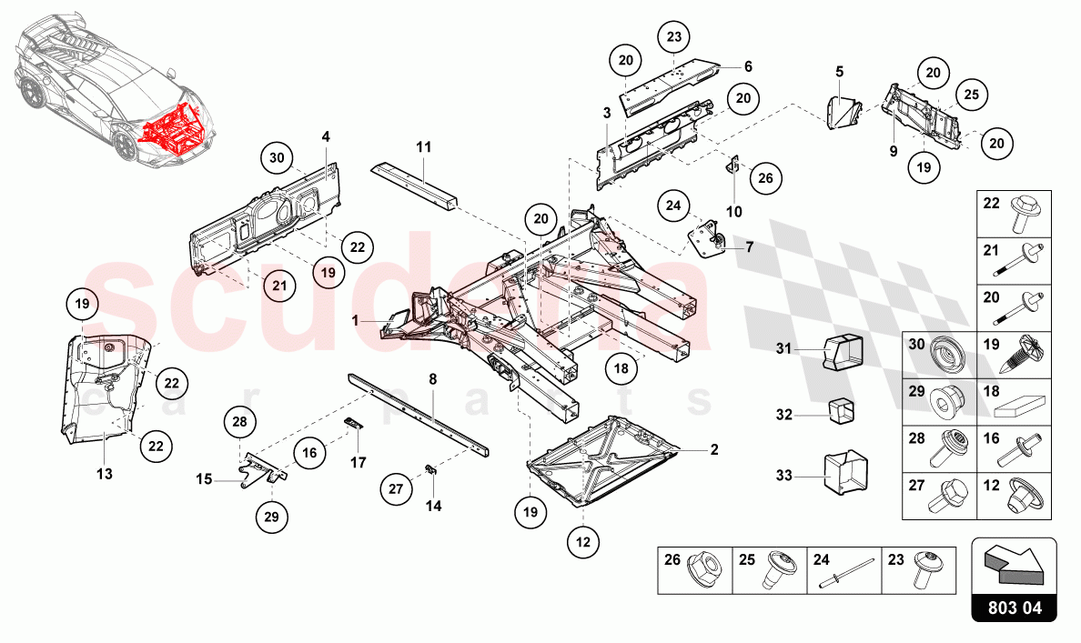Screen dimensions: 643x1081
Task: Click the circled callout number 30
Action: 278,157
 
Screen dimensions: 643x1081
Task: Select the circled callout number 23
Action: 673,37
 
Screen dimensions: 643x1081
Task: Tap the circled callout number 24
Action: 672,206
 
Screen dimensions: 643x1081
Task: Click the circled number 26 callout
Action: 765,178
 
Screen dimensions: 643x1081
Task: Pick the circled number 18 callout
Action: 621,368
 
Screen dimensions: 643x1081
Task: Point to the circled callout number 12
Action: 583,543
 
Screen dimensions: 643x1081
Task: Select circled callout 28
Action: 239,422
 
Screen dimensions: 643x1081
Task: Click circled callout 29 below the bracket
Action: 270,516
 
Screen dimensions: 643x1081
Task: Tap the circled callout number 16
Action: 309,452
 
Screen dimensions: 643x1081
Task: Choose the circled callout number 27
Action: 395,488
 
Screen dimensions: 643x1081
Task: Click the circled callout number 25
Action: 971,95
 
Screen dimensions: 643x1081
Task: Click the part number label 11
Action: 423,146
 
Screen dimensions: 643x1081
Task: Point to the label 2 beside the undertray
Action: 714,449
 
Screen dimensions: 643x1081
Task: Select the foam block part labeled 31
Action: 842,352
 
